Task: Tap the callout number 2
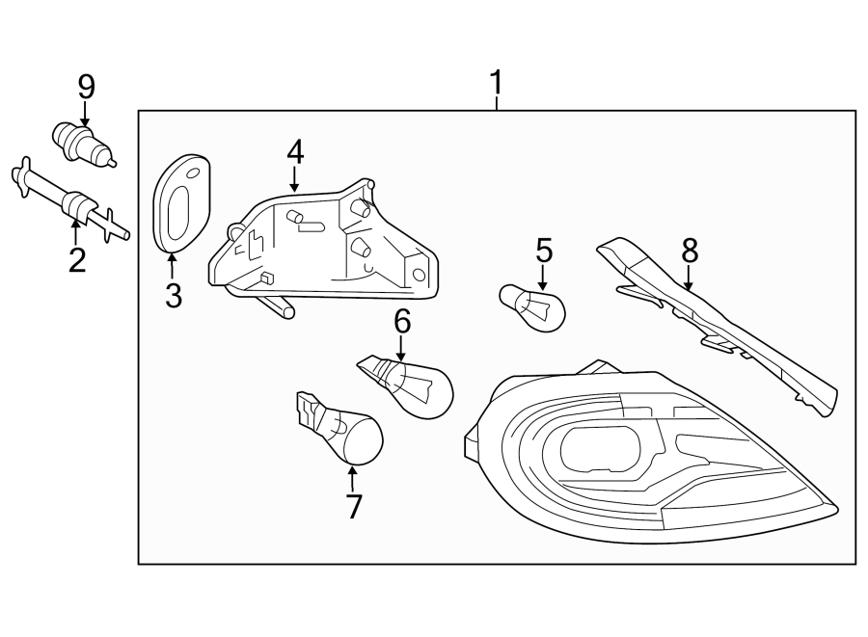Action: (x=76, y=259)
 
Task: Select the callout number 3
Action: (x=174, y=296)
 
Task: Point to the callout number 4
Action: (x=294, y=151)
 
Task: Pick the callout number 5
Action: (x=544, y=252)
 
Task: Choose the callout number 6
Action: (x=402, y=322)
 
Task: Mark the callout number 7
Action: (x=353, y=506)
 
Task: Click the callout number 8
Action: (x=689, y=251)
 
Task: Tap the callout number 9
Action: (x=86, y=88)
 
